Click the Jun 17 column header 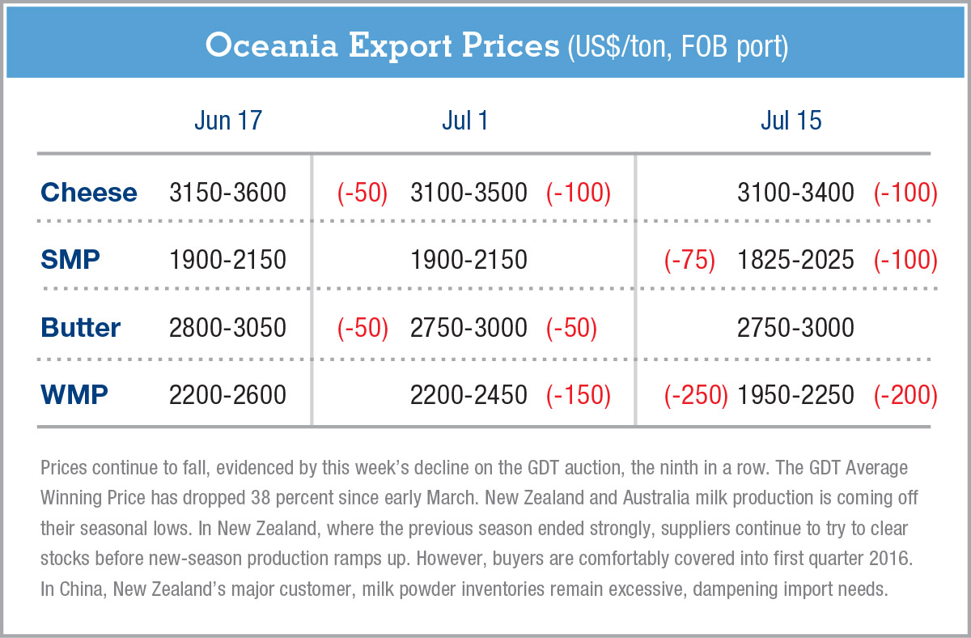228,121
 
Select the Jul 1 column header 465,121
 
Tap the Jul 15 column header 791,121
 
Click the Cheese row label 89,193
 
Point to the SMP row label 71,260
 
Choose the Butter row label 80,327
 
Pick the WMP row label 74,394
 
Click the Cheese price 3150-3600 227,193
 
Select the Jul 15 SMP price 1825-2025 795,260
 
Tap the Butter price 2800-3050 227,327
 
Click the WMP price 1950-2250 795,394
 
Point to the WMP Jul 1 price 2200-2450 469,394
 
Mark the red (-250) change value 696,394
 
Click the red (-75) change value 689,260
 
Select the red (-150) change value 578,394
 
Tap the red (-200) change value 905,394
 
